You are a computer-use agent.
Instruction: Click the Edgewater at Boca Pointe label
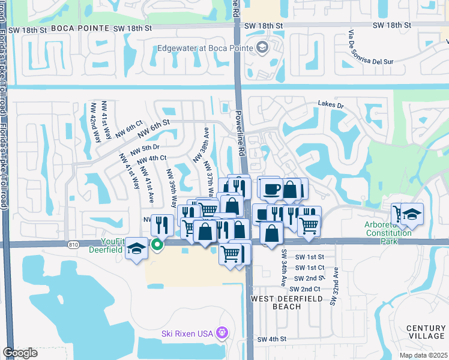point(203,48)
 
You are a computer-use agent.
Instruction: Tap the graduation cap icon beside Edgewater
point(262,47)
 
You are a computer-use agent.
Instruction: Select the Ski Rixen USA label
point(188,334)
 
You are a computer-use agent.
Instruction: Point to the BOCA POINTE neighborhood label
point(80,28)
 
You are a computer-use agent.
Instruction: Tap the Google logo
point(20,353)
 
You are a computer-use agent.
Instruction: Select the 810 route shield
point(73,244)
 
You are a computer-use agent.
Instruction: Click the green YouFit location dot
point(158,244)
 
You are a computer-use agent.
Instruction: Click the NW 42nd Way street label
point(95,118)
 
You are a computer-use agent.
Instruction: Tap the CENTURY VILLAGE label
point(426,332)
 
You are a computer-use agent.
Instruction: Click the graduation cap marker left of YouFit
point(137,249)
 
